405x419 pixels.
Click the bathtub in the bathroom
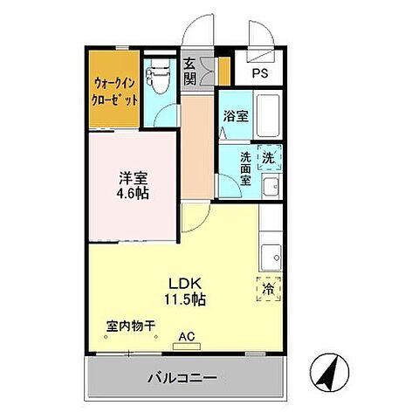(265, 113)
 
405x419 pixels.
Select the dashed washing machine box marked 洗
(270, 159)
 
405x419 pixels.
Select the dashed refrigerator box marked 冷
(269, 286)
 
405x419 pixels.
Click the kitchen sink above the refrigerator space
(271, 258)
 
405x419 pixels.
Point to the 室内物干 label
(131, 327)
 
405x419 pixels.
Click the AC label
(185, 334)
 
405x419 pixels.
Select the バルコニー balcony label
(182, 378)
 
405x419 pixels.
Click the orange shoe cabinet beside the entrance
(225, 70)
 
